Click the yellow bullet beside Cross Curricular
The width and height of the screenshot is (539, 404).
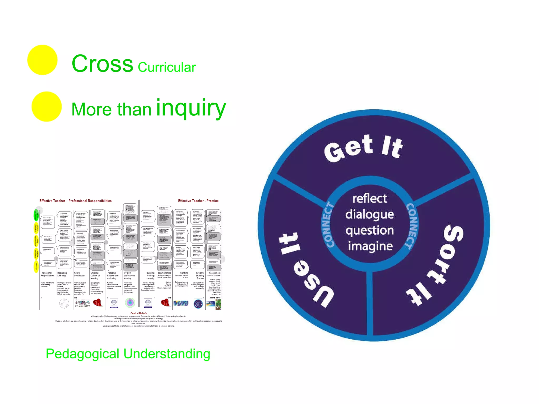[x=42, y=60]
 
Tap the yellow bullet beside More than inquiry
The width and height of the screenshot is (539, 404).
[x=47, y=107]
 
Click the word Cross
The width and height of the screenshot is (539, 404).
[x=102, y=64]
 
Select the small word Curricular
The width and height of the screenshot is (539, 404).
[x=167, y=67]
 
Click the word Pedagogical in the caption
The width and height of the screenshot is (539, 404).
[x=82, y=354]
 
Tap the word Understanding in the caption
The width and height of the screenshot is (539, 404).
[x=167, y=354]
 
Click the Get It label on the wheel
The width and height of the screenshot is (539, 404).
[x=363, y=148]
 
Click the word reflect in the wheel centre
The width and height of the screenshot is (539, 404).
[x=370, y=199]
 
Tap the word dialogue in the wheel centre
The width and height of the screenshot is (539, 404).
[x=370, y=215]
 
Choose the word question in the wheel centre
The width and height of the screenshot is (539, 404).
[x=370, y=231]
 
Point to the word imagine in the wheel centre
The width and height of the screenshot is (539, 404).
[x=370, y=246]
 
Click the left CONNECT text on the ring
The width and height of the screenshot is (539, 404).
[x=328, y=225]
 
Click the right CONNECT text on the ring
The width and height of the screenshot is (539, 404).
[x=412, y=226]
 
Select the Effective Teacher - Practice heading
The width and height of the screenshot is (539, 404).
[x=198, y=201]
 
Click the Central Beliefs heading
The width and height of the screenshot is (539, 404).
[x=138, y=313]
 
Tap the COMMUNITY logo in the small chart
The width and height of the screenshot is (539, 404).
[x=82, y=304]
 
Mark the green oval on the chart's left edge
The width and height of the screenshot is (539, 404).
[x=36, y=215]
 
